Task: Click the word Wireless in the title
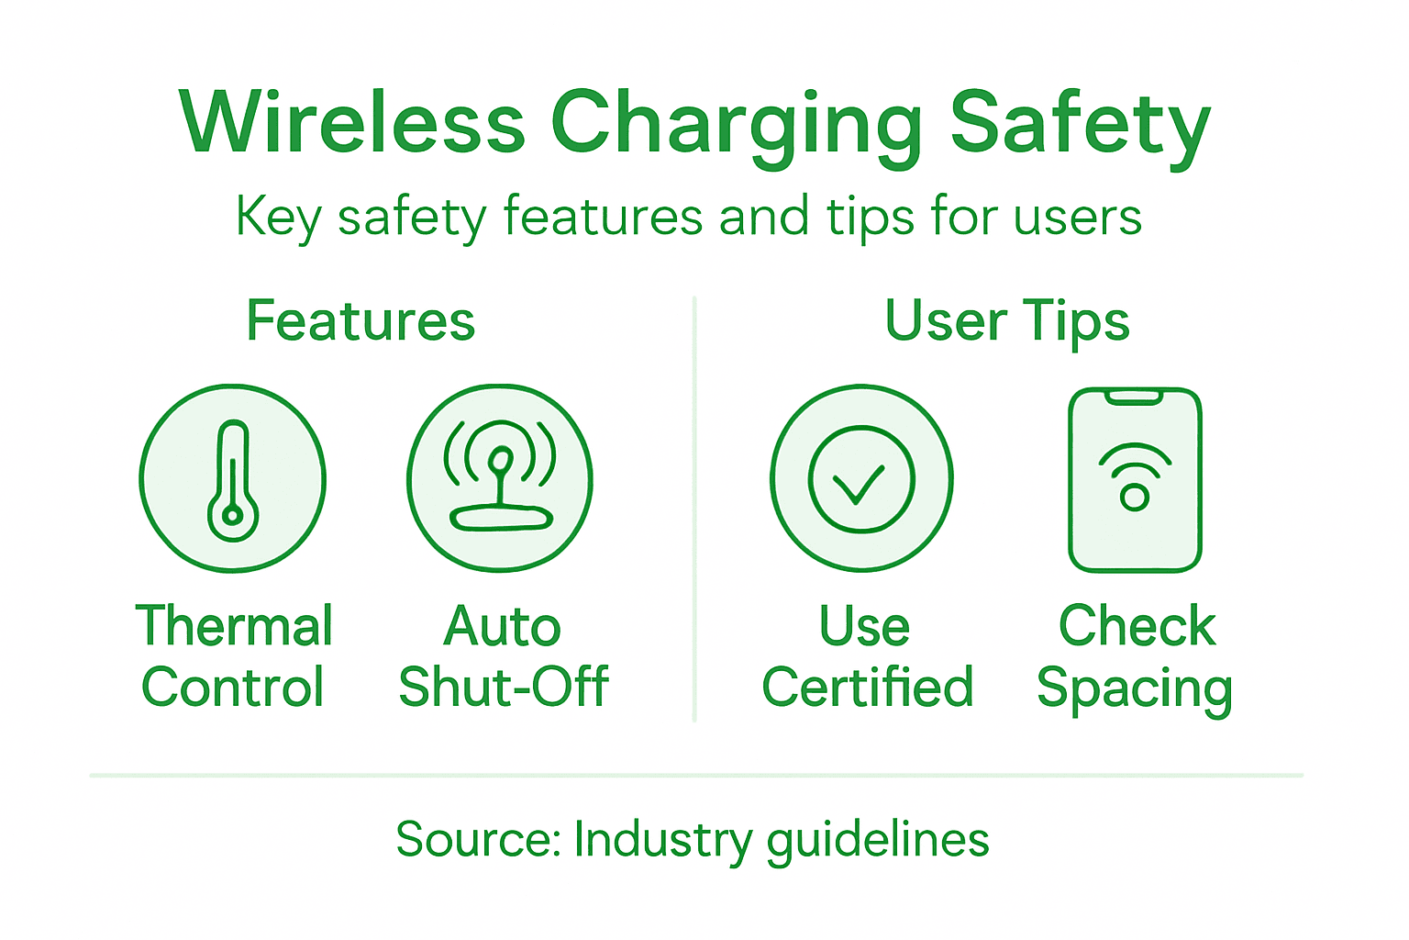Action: (352, 123)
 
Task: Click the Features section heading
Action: (361, 320)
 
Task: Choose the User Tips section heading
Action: (1007, 321)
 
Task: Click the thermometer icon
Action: (233, 480)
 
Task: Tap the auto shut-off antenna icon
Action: (500, 478)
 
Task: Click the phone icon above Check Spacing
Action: (1135, 479)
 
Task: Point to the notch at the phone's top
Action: (1135, 397)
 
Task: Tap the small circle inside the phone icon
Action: (1135, 498)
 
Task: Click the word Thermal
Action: (234, 626)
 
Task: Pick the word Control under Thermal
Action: (233, 687)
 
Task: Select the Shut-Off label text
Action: (504, 687)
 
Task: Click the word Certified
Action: (867, 687)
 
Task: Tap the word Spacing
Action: (1134, 688)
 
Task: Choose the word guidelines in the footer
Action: (878, 840)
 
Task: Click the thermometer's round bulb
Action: (233, 516)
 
